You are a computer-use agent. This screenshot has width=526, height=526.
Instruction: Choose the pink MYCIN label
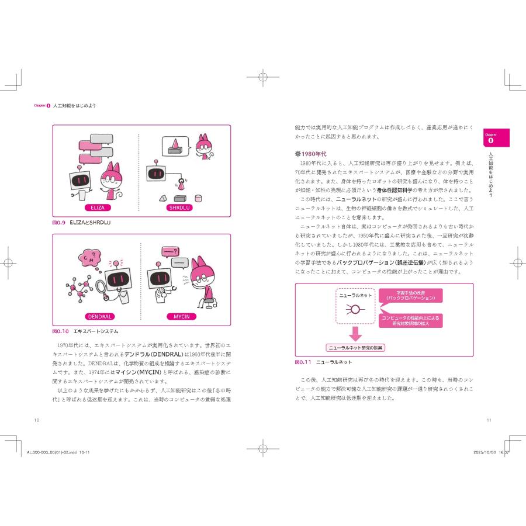click(181, 317)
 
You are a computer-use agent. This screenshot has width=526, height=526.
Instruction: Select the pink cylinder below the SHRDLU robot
click(182, 185)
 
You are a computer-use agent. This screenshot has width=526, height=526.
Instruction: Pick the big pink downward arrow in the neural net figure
click(355, 334)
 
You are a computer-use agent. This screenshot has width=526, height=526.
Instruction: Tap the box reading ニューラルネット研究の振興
click(359, 348)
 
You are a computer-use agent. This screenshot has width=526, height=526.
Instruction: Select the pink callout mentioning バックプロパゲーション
click(410, 295)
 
